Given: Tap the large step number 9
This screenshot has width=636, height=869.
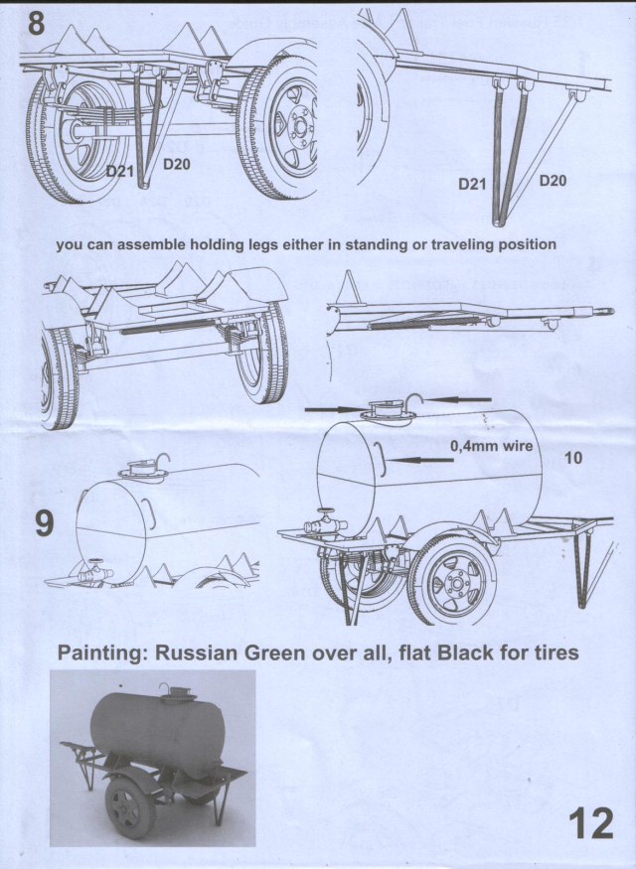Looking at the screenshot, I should (x=45, y=523).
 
